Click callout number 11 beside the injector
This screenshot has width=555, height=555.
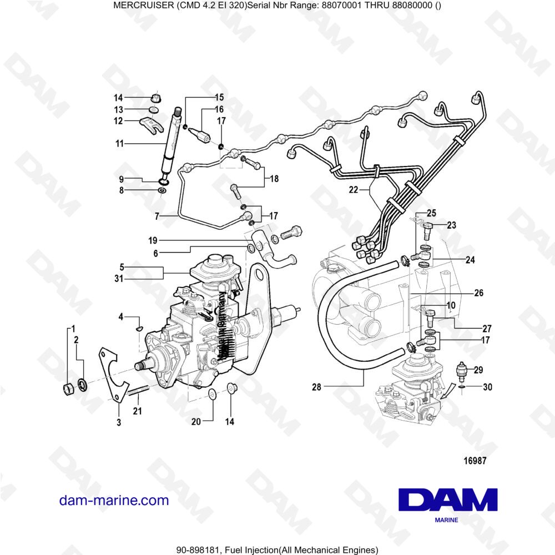pos(119,144)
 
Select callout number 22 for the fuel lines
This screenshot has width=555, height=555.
pos(353,190)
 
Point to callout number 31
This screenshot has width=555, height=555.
pos(119,279)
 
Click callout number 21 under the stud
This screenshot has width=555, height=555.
pos(137,411)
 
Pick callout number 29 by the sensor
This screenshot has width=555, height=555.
pos(478,370)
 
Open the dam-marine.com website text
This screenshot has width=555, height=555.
pos(114,500)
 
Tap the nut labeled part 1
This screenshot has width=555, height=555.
pos(67,387)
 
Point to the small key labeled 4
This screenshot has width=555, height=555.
pos(139,327)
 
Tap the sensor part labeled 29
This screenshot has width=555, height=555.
pos(460,370)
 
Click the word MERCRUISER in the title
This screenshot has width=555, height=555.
pos(141,6)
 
